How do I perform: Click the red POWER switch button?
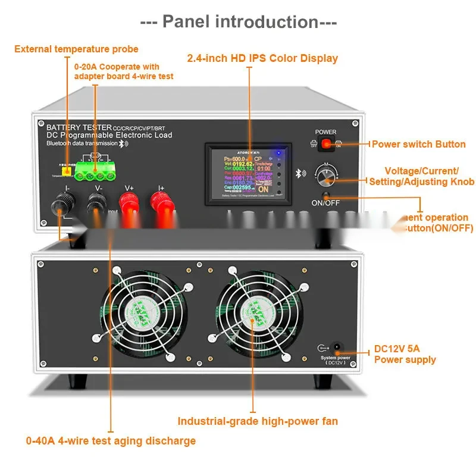click(x=326, y=143)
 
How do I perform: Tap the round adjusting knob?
click(x=325, y=177)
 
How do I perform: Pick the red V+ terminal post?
click(x=130, y=208)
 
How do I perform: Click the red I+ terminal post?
click(x=161, y=208)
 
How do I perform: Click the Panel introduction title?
click(x=238, y=22)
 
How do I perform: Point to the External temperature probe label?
click(x=76, y=49)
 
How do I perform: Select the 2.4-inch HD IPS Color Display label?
click(x=262, y=58)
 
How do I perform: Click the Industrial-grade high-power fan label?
click(x=258, y=421)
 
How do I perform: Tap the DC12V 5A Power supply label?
click(x=405, y=354)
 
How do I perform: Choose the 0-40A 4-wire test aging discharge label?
click(x=111, y=441)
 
